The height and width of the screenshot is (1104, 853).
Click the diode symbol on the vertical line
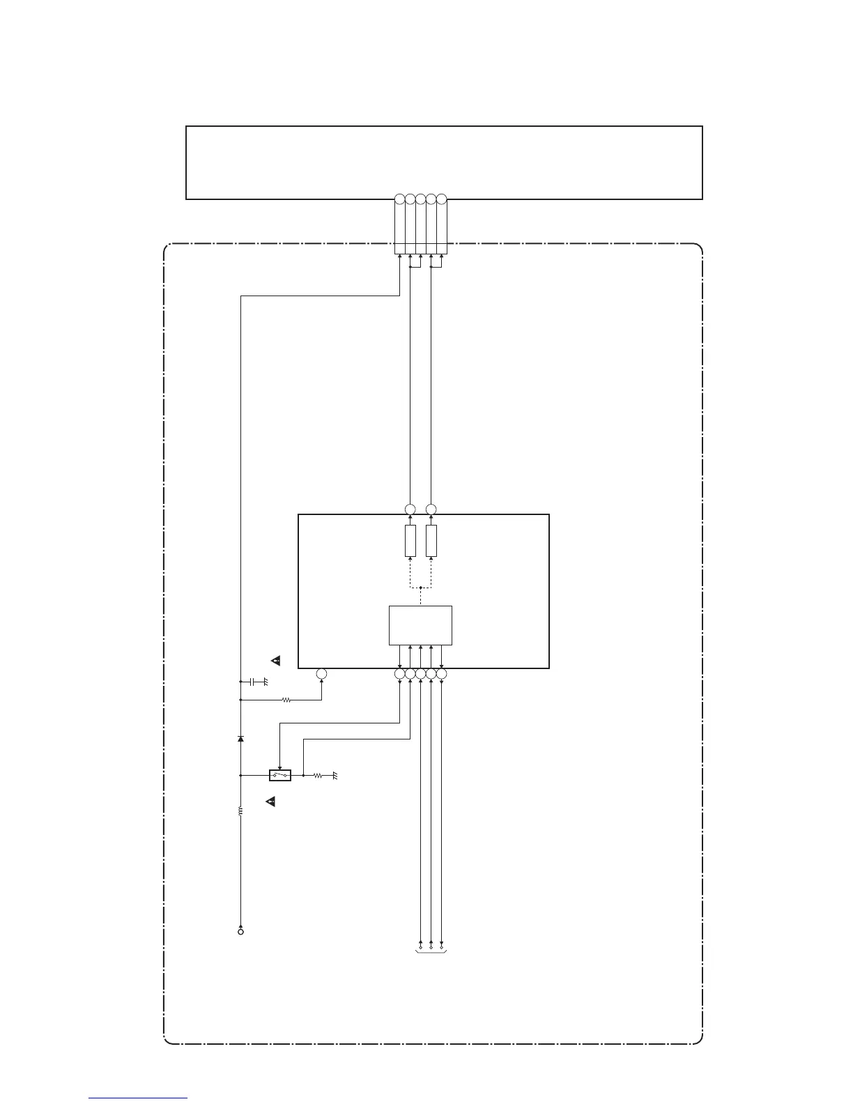pyautogui.click(x=240, y=738)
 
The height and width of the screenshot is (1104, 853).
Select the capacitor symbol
pyautogui.click(x=253, y=680)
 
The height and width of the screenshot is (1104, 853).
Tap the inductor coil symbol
pyautogui.click(x=240, y=812)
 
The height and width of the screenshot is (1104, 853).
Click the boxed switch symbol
pyautogui.click(x=280, y=774)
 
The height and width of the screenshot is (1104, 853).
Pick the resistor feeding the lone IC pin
pyautogui.click(x=286, y=699)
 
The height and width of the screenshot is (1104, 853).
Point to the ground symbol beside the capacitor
pyautogui.click(x=265, y=681)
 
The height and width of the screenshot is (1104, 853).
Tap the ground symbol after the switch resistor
pyautogui.click(x=335, y=775)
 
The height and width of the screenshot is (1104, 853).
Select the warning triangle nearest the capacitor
pyautogui.click(x=276, y=659)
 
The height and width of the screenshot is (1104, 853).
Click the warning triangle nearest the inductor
pyautogui.click(x=272, y=802)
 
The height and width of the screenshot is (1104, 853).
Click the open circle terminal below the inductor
pyautogui.click(x=240, y=931)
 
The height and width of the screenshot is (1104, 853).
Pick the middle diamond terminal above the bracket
pyautogui.click(x=431, y=946)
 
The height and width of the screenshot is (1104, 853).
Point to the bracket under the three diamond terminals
pyautogui.click(x=431, y=952)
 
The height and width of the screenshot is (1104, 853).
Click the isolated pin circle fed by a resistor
pyautogui.click(x=321, y=674)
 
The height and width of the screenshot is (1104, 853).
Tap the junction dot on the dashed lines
pyautogui.click(x=421, y=588)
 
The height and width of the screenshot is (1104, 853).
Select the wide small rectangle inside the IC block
pyautogui.click(x=420, y=625)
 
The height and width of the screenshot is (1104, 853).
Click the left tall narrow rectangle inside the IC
pyautogui.click(x=410, y=541)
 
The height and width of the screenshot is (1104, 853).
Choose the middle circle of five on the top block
pyautogui.click(x=420, y=199)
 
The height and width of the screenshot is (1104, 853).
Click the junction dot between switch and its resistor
pyautogui.click(x=303, y=774)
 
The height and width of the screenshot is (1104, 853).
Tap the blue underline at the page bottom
pyautogui.click(x=138, y=1098)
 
